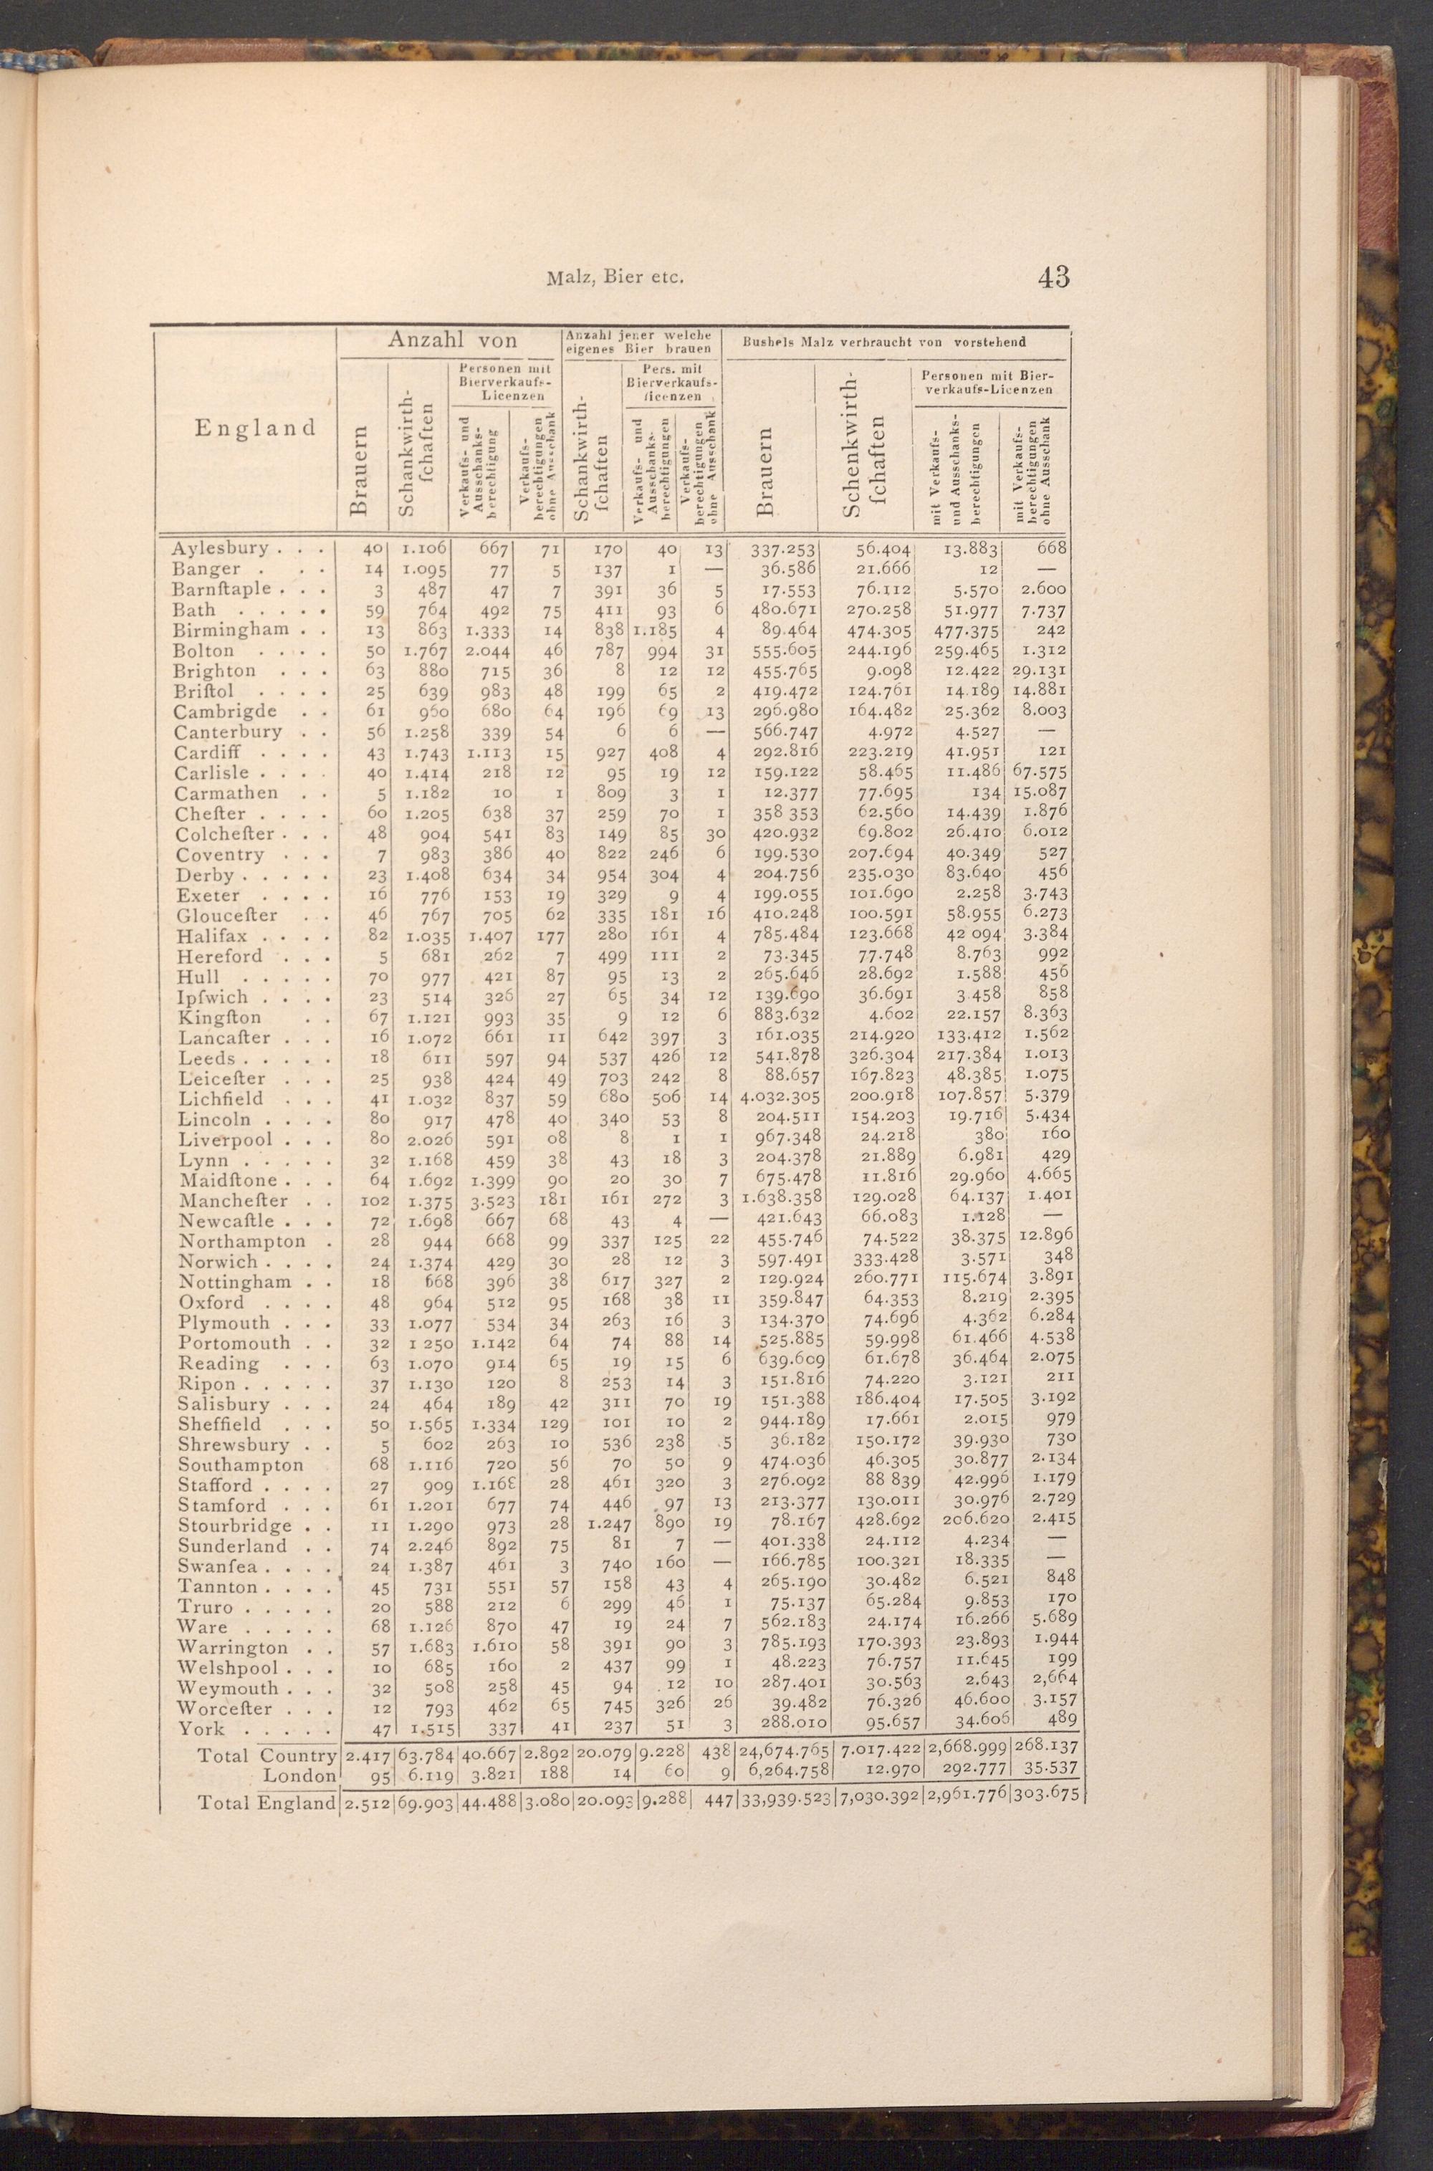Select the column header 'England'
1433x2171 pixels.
point(255,428)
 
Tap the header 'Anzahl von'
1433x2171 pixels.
point(452,341)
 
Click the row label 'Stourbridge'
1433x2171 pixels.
point(235,1526)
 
